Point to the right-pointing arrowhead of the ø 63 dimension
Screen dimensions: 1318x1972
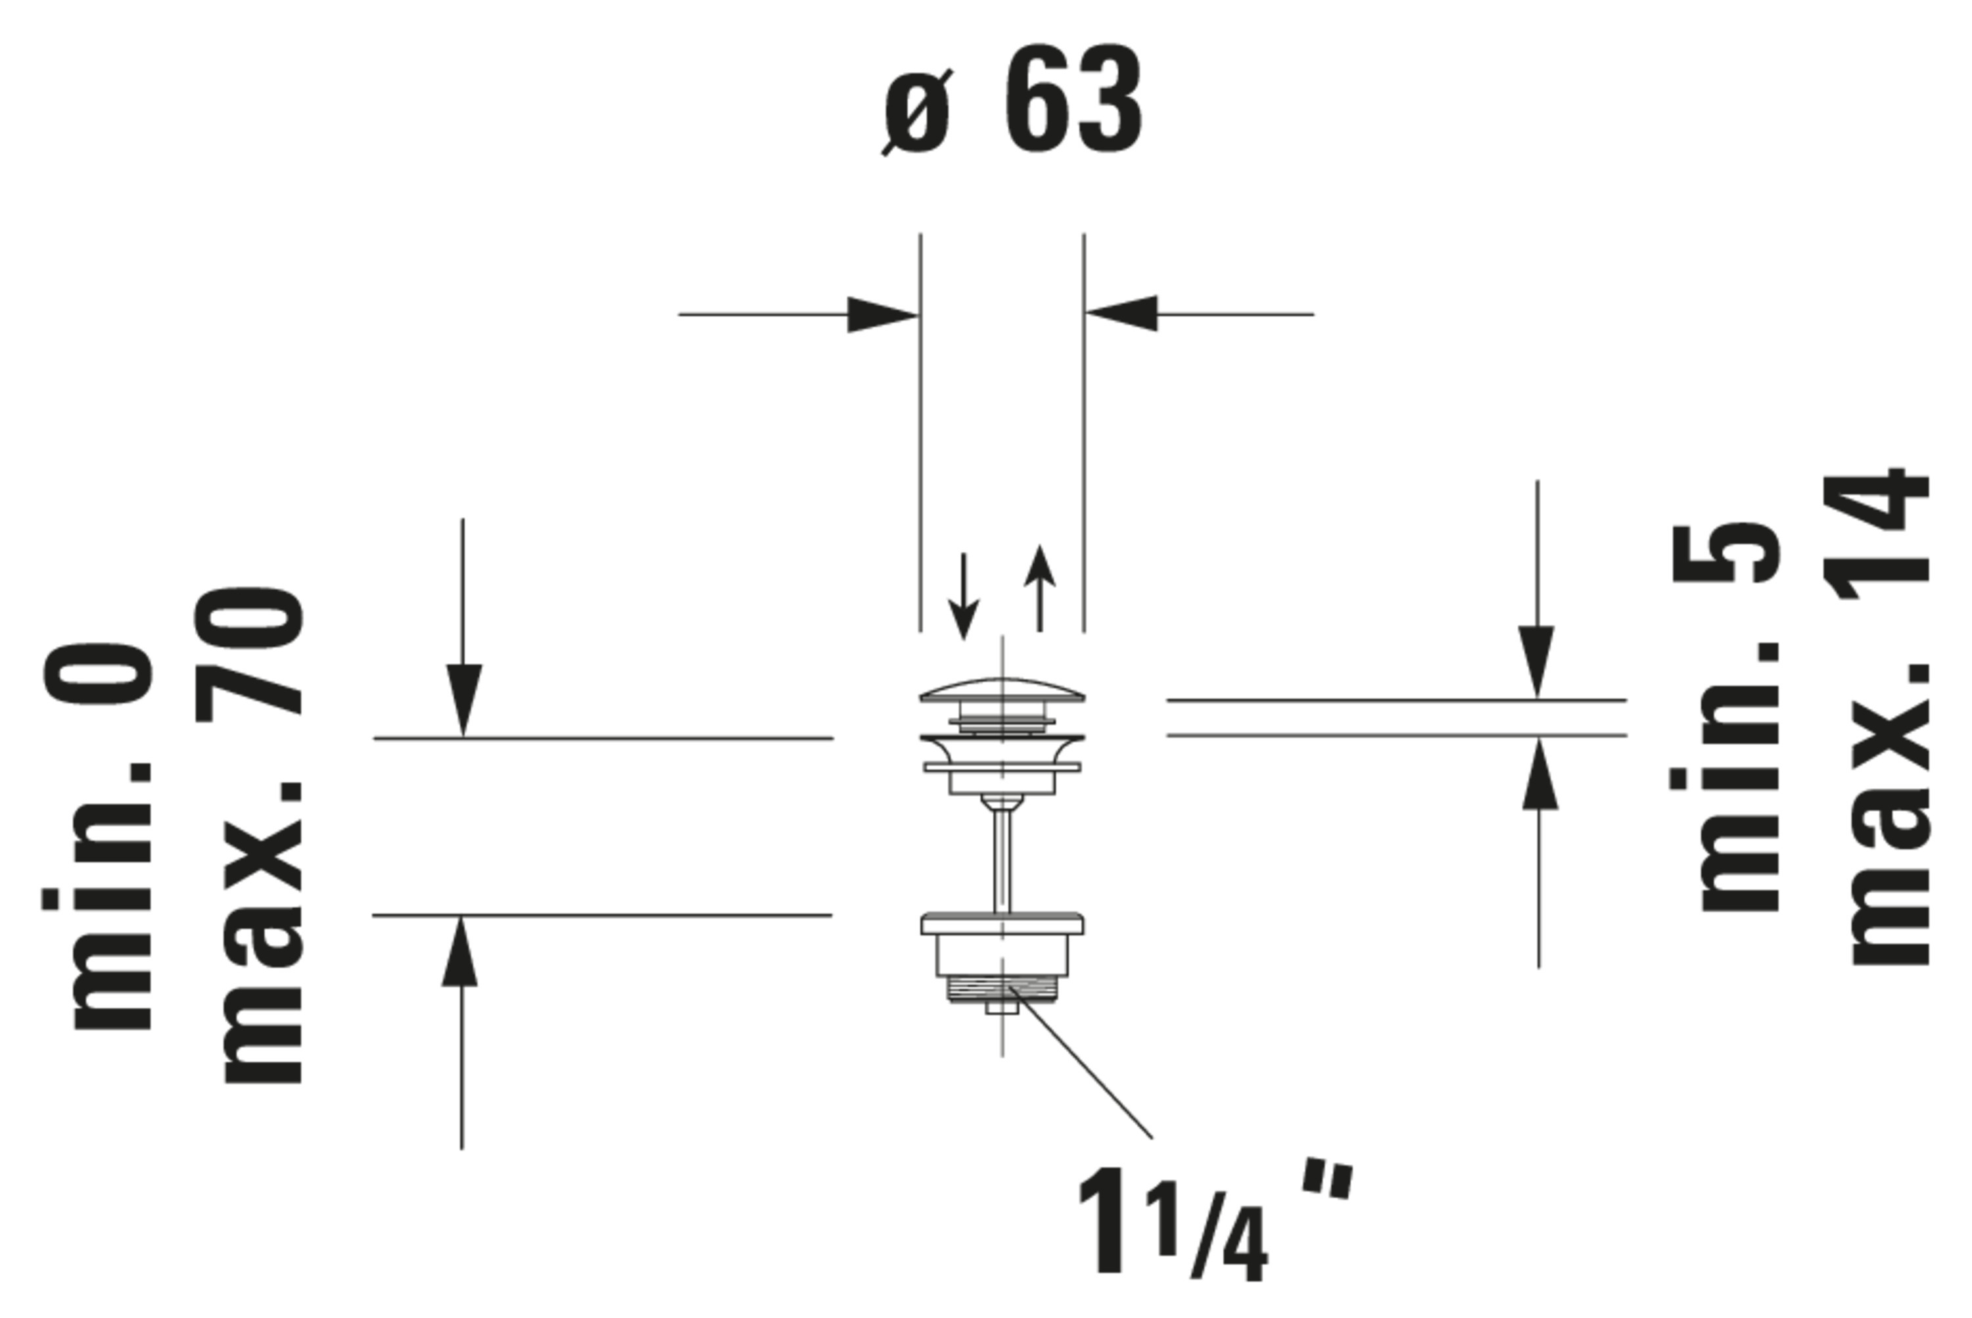(x=883, y=314)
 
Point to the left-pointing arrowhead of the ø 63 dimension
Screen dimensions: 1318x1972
(x=1121, y=314)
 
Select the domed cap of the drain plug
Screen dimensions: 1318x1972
(x=1002, y=690)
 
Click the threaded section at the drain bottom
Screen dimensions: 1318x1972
(x=1001, y=989)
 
